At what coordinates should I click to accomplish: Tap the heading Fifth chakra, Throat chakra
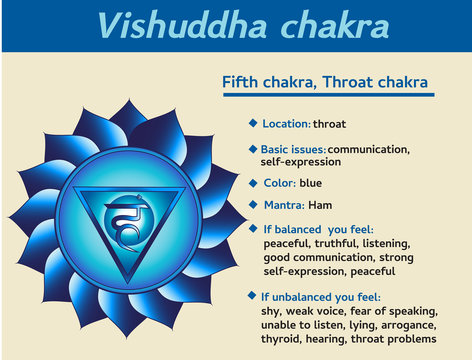(x=326, y=81)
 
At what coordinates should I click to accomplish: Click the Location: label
(x=286, y=124)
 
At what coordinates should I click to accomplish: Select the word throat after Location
(x=331, y=124)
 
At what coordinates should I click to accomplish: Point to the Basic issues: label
(x=294, y=149)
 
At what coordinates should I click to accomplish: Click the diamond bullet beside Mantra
(x=253, y=204)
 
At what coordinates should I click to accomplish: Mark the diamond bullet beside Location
(x=253, y=123)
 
